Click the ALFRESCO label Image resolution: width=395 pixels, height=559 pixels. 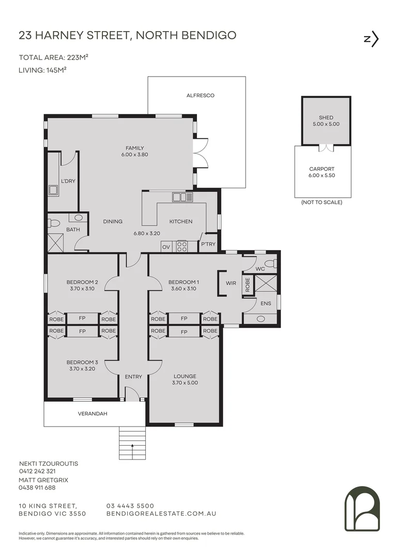pyautogui.click(x=200, y=96)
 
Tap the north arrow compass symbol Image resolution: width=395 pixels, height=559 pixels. pyautogui.click(x=371, y=39)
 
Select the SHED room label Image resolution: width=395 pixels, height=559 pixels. pyautogui.click(x=326, y=117)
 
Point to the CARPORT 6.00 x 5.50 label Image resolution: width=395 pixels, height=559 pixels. pyautogui.click(x=322, y=172)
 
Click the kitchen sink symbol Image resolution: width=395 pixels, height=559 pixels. pyautogui.click(x=183, y=197)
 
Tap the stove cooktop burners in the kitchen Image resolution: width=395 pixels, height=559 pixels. pyautogui.click(x=181, y=246)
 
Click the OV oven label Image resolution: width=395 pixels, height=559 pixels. pyautogui.click(x=166, y=247)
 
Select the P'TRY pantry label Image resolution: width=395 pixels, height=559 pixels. pyautogui.click(x=208, y=244)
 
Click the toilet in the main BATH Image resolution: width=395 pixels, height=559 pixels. pyautogui.click(x=54, y=224)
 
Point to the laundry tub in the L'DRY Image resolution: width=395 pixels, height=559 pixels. pyautogui.click(x=53, y=190)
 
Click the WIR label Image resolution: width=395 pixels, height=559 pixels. pyautogui.click(x=231, y=283)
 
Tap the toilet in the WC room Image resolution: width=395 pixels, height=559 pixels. pyautogui.click(x=272, y=263)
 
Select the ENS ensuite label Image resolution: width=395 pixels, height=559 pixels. pyautogui.click(x=266, y=303)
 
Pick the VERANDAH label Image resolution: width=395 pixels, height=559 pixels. pyautogui.click(x=93, y=414)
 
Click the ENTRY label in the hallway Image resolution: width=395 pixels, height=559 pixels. pyautogui.click(x=133, y=376)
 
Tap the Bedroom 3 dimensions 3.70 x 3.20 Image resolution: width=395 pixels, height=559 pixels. pyautogui.click(x=82, y=369)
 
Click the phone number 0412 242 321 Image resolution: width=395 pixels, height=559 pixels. pyautogui.click(x=37, y=471)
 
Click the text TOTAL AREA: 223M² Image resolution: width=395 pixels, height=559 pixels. pyautogui.click(x=53, y=57)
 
